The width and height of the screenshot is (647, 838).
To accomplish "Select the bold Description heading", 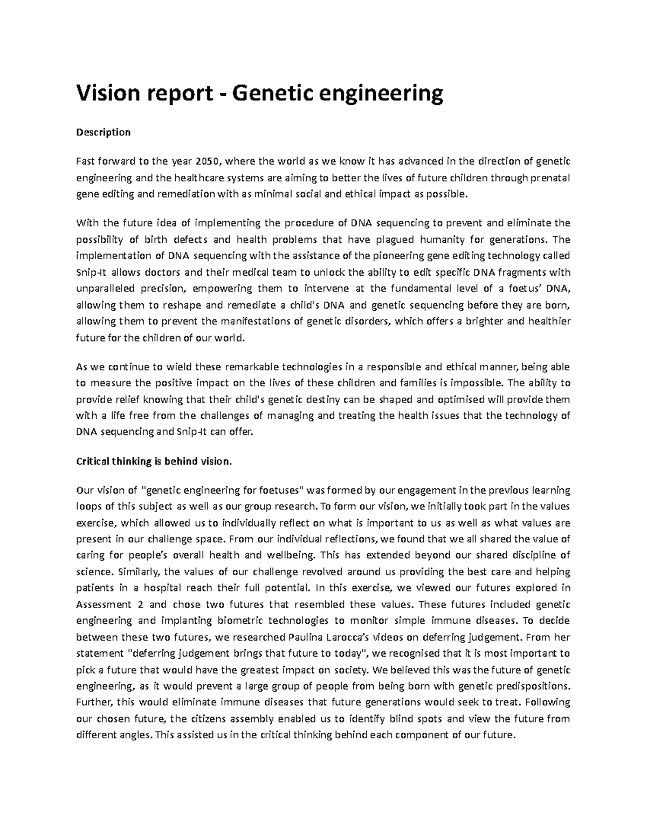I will pos(104,132).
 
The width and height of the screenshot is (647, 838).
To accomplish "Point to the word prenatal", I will pos(548,178).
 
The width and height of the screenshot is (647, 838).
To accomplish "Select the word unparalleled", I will pos(105,288).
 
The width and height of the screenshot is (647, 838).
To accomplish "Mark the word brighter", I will pos(483,322).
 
